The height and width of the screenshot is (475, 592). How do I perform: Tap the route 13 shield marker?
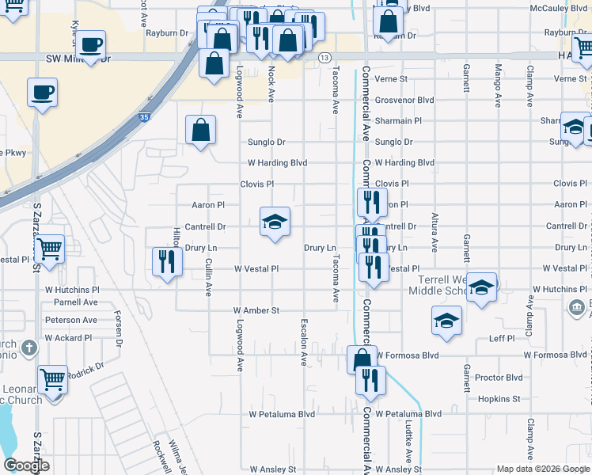324,59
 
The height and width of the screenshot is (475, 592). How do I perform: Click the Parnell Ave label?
76,302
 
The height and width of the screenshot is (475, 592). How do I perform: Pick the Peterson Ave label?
71,320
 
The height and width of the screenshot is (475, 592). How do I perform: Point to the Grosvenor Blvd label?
404,101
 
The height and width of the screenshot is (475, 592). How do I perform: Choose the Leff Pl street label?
502,338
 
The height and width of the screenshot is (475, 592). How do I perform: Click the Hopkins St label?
499,399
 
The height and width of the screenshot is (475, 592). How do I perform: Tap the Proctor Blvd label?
499,378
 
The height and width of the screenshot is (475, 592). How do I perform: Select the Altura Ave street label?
434,228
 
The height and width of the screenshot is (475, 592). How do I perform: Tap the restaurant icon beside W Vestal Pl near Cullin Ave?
166,261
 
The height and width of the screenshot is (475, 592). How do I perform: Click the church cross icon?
29,348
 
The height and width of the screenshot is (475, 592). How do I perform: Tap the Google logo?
26,466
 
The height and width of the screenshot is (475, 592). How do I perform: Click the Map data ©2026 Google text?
542,469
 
